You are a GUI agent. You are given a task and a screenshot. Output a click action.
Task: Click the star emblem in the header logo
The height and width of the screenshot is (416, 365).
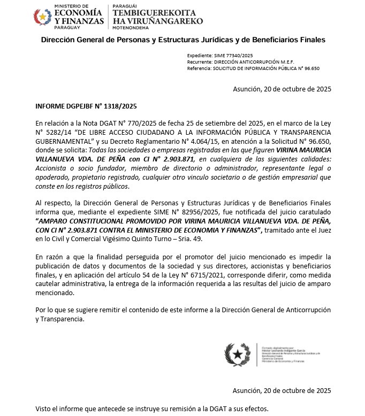[41, 18]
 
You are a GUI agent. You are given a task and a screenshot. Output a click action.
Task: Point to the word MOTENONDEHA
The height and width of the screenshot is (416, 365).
[131, 28]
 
